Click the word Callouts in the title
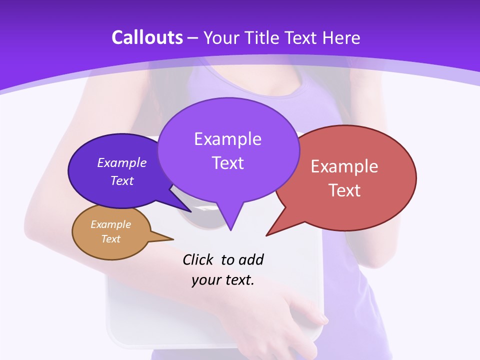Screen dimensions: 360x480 click(147, 37)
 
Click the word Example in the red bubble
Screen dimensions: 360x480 click(344, 166)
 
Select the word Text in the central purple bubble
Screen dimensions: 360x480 click(227, 163)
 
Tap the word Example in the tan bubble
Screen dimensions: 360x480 click(110, 224)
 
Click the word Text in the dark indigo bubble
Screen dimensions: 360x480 click(122, 180)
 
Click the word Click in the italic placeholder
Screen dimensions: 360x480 click(198, 259)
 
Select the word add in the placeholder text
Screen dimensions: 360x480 click(251, 259)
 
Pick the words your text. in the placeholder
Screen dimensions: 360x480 click(223, 280)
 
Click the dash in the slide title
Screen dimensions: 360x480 click(193, 38)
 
